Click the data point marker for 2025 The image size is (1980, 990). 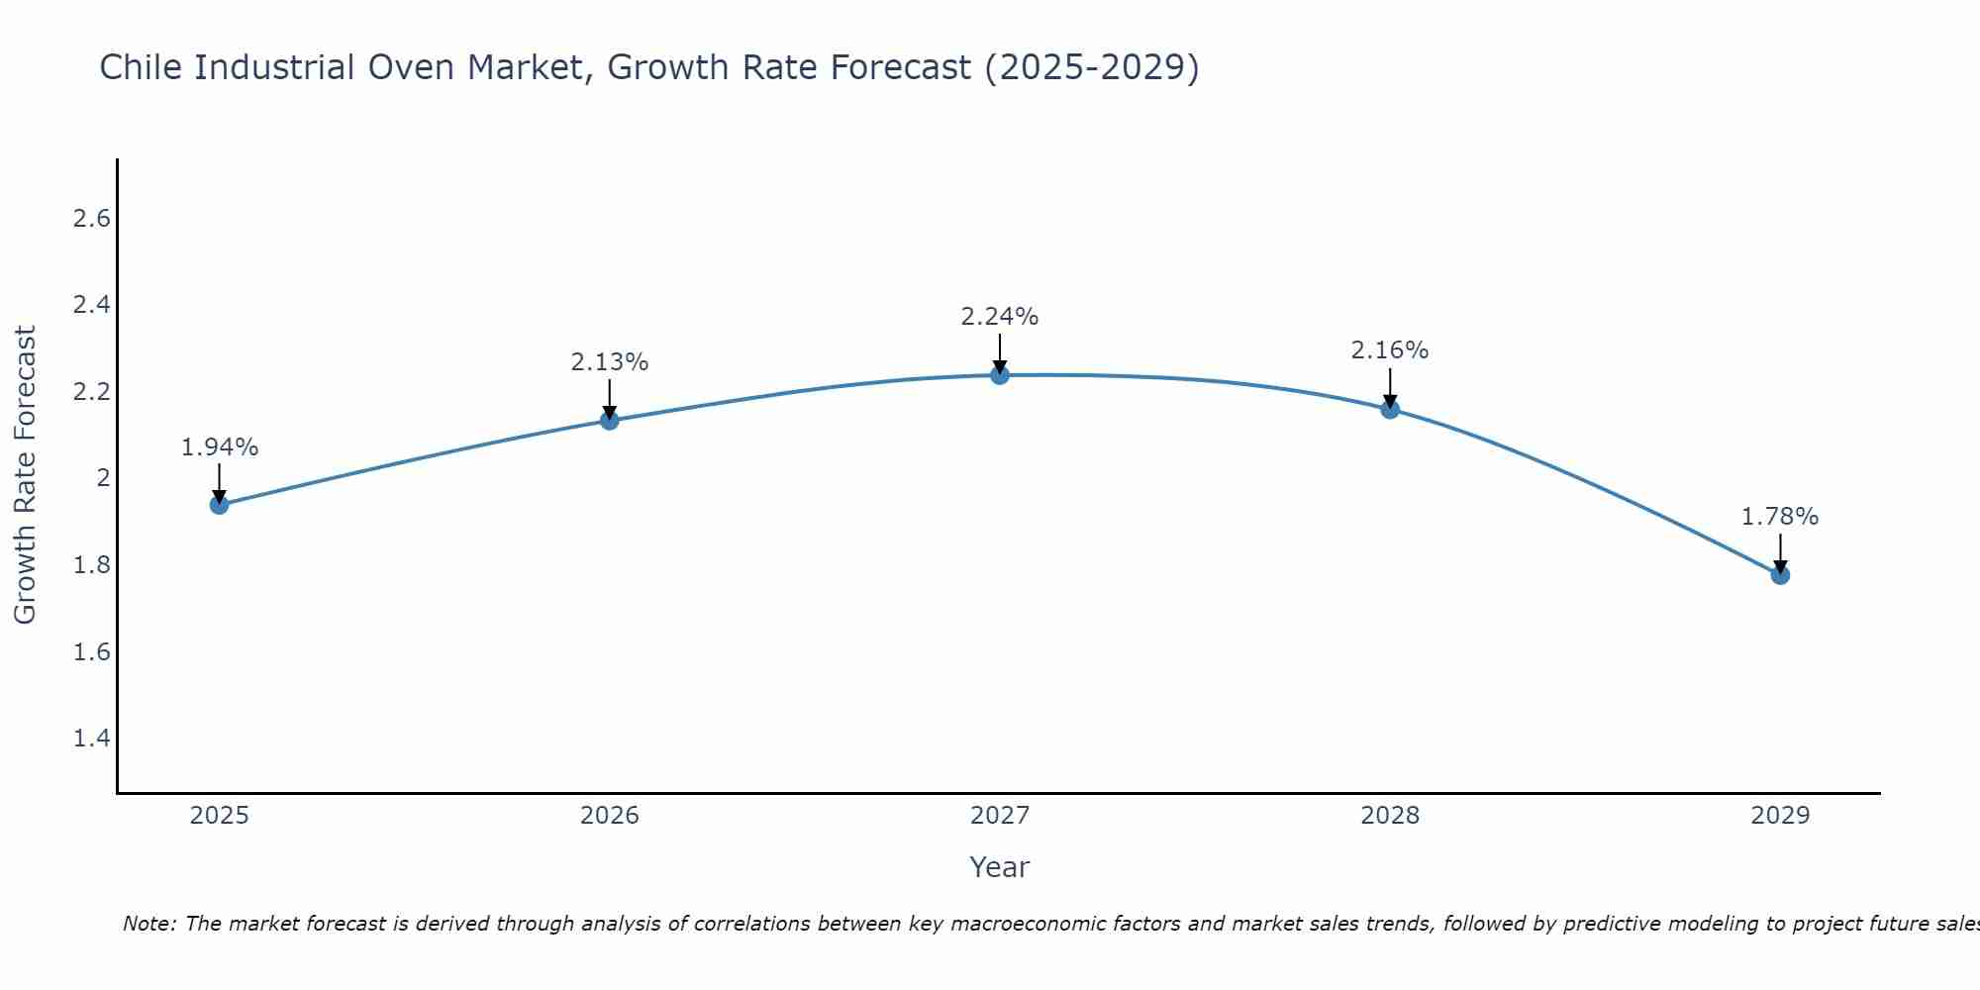(219, 505)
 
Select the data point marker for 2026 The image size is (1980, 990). (609, 421)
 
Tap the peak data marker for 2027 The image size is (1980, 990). (999, 375)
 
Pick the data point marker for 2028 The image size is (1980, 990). (1389, 409)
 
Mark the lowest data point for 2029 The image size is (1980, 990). (1779, 574)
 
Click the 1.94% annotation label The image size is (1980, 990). (219, 447)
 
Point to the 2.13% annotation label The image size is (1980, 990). (609, 362)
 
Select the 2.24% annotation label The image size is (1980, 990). (999, 317)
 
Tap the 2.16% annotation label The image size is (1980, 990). (1389, 350)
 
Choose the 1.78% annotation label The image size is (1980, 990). (1779, 517)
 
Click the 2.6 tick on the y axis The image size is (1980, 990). (91, 219)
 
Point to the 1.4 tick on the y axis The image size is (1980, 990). (91, 739)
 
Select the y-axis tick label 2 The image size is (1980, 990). (102, 478)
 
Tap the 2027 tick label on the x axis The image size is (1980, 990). (999, 816)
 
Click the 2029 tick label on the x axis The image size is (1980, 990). (1779, 816)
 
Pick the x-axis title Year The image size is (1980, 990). (999, 867)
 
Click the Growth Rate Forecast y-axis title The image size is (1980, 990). (25, 475)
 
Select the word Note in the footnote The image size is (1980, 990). (148, 924)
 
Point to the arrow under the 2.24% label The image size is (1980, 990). (999, 352)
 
